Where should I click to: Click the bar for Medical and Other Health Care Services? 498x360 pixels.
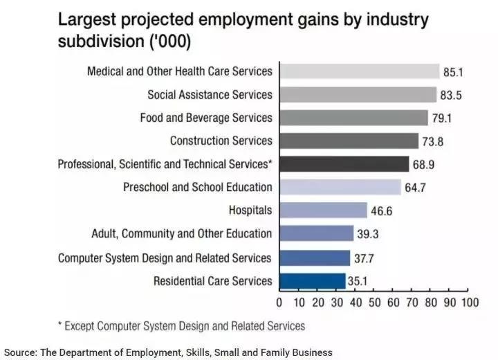(x=359, y=71)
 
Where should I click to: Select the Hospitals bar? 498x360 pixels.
(x=323, y=210)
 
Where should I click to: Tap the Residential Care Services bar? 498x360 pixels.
(x=312, y=281)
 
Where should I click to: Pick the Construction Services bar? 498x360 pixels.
(x=349, y=141)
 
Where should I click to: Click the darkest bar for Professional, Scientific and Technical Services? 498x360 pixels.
(x=344, y=164)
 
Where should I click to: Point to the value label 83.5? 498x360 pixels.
(x=453, y=94)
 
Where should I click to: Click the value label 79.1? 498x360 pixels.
(x=441, y=118)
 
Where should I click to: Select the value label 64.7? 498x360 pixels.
(x=417, y=188)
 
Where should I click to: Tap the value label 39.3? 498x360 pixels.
(x=369, y=234)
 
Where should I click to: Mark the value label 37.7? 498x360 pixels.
(x=365, y=258)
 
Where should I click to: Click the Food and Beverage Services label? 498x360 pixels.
(x=206, y=118)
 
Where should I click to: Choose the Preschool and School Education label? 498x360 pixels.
(x=198, y=188)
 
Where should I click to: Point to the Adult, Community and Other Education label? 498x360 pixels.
(x=182, y=234)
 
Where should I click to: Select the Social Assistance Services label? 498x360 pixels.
(x=210, y=94)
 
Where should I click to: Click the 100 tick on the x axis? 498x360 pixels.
(x=470, y=303)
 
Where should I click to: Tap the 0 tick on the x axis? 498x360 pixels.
(x=279, y=303)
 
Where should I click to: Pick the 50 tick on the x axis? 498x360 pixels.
(x=374, y=303)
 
